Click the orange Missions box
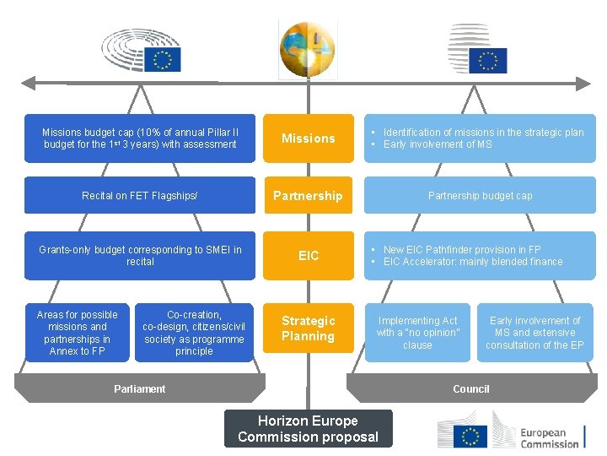pyautogui.click(x=308, y=138)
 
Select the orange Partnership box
pyautogui.click(x=308, y=196)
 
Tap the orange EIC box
pyautogui.click(x=308, y=255)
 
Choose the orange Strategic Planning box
pyautogui.click(x=308, y=328)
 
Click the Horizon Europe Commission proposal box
pyautogui.click(x=308, y=428)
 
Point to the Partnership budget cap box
pyautogui.click(x=480, y=196)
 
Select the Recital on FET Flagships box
pyautogui.click(x=140, y=196)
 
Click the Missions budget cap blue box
pyautogui.click(x=140, y=138)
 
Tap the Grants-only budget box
pyautogui.click(x=140, y=255)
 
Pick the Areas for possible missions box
pyautogui.click(x=78, y=333)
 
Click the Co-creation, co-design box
pyautogui.click(x=194, y=333)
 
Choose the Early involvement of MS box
pyautogui.click(x=534, y=333)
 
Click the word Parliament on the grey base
pyautogui.click(x=139, y=389)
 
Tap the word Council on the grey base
pyautogui.click(x=470, y=389)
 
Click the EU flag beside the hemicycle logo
pyautogui.click(x=162, y=58)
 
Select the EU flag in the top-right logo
pyautogui.click(x=488, y=61)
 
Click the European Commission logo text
pyautogui.click(x=550, y=437)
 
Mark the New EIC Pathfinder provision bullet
pyautogui.click(x=461, y=250)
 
